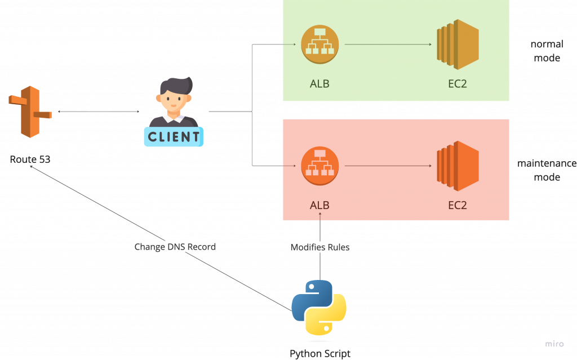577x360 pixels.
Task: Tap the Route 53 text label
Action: [30, 159]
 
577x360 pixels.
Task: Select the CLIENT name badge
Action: [174, 136]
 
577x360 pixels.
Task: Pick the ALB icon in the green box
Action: [319, 44]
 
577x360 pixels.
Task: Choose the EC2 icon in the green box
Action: [458, 45]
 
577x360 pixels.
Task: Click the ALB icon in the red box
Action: [319, 166]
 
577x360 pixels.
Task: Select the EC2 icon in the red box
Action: [458, 166]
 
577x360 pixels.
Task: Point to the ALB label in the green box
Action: [319, 84]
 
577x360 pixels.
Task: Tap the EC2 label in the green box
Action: [458, 84]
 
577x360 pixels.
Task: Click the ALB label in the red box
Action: [319, 205]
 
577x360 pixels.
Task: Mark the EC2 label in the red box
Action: [458, 205]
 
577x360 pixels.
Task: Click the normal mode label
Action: [547, 51]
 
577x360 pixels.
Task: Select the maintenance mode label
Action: [547, 170]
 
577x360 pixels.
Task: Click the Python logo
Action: [319, 307]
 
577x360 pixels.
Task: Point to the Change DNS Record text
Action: [175, 247]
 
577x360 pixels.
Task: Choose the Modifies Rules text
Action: [320, 247]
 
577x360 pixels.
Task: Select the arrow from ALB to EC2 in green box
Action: [389, 45]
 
